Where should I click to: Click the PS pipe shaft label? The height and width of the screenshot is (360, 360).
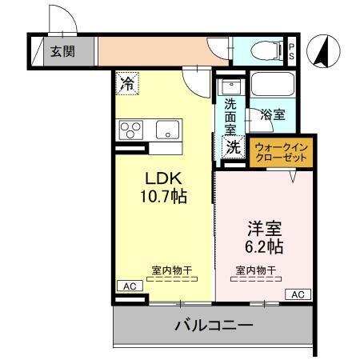coord(292,52)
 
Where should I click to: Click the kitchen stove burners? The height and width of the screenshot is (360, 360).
coord(130,129)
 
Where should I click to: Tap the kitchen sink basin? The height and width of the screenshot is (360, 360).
coord(169,129)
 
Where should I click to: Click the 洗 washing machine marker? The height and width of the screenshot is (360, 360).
coord(232,146)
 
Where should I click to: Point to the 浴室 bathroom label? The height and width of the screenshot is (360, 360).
coord(273,114)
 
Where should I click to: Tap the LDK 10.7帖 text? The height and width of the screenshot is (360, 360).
coord(166,186)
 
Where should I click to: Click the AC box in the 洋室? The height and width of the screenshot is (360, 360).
coord(297,294)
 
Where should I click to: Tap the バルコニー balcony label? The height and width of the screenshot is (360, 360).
coord(214,326)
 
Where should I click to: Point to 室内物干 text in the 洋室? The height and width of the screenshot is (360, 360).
coord(256,270)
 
